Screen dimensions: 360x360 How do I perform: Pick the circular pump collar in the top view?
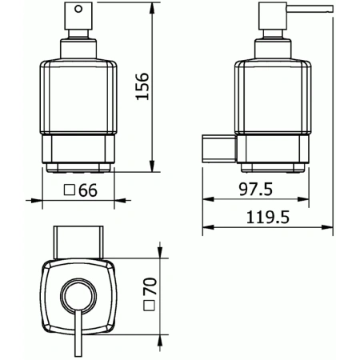[x=78, y=295]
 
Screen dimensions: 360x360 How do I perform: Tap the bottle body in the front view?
[x=78, y=104]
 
